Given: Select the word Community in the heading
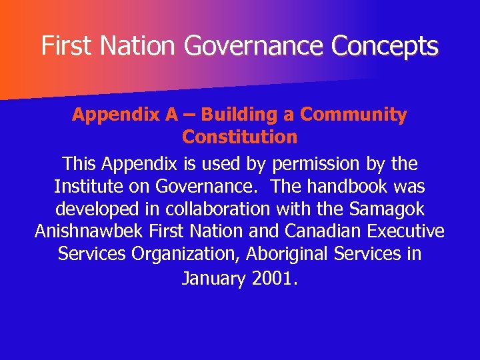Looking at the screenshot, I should [353, 115].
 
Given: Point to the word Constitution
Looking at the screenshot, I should [239, 137].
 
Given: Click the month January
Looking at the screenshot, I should [213, 279].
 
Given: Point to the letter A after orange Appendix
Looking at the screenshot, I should [171, 115].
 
